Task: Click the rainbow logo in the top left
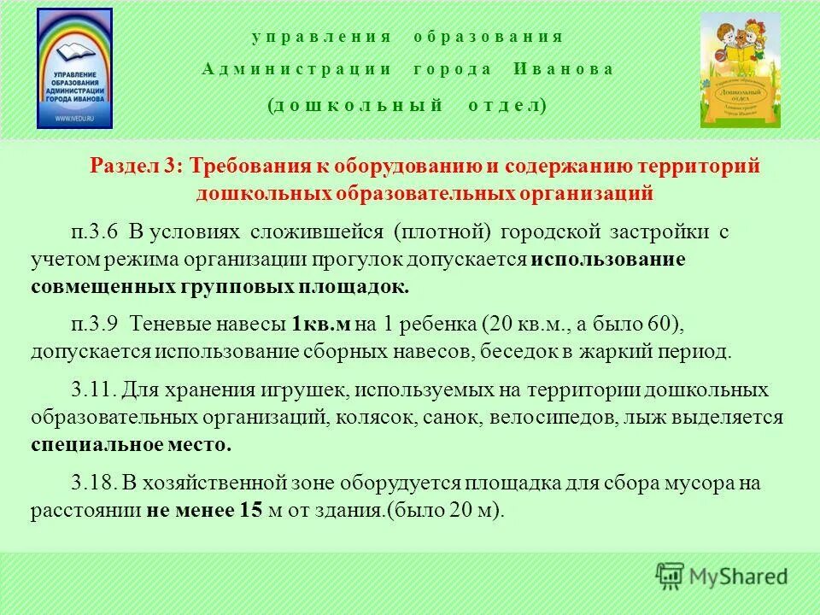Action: [75, 68]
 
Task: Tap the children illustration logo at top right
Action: [740, 70]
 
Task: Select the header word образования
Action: [488, 37]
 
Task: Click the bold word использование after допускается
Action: [607, 260]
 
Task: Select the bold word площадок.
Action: [354, 286]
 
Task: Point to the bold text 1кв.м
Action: [321, 325]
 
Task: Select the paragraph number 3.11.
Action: [92, 390]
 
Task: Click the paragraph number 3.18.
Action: [92, 483]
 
